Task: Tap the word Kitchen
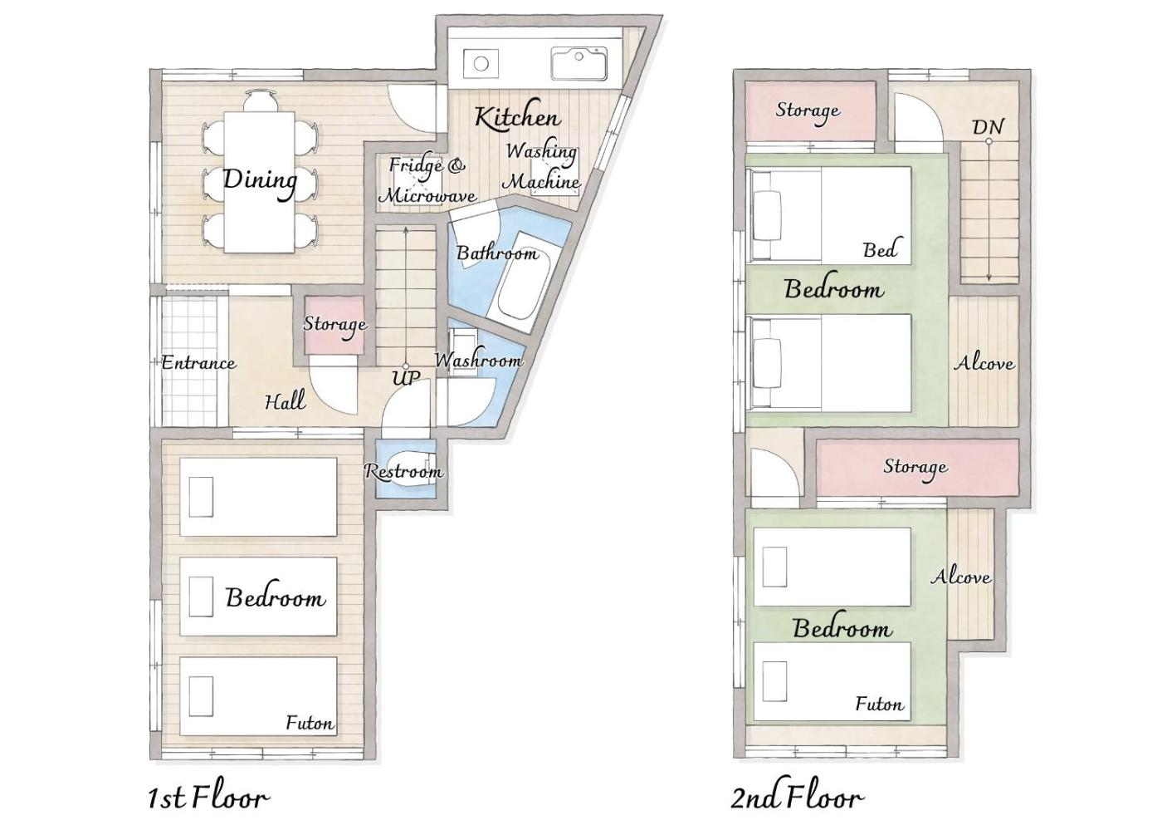518,117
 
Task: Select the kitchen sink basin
579,63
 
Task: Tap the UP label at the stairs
406,377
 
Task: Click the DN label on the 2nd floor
988,126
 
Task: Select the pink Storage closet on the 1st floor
332,325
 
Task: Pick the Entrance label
198,362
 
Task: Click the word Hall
285,401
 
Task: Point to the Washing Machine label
543,167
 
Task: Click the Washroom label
478,360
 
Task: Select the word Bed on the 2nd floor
880,250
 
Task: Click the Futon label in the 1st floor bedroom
310,723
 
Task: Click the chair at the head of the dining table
260,101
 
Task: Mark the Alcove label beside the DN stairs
984,363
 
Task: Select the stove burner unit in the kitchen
481,64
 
